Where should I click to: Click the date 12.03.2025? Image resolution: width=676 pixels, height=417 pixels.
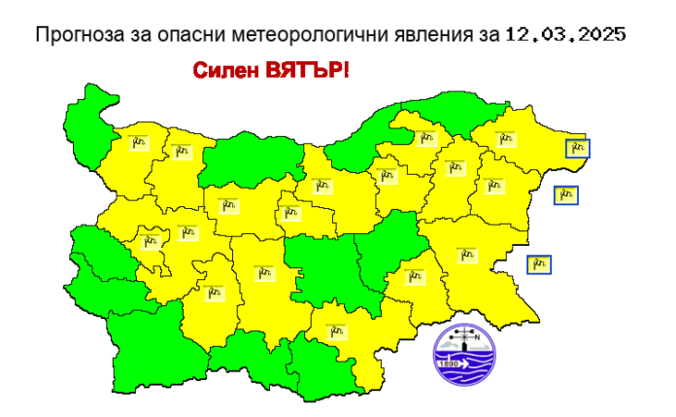point(565,35)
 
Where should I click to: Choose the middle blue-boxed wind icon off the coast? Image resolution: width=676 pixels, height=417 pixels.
point(566,194)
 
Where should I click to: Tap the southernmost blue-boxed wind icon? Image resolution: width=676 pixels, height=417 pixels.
point(540,263)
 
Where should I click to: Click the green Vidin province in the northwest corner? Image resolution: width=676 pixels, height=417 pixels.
point(95,117)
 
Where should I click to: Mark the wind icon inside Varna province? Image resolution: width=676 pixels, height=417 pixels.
point(493,185)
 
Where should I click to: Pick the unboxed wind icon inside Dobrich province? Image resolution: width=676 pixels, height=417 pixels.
point(505,139)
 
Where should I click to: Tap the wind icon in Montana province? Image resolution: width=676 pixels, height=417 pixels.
point(137,143)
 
